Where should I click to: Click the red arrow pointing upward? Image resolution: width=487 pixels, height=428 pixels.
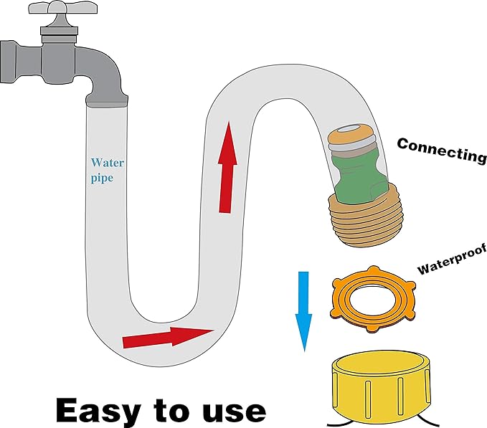pos(227,166)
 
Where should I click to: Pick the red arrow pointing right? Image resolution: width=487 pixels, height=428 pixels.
pos(168,336)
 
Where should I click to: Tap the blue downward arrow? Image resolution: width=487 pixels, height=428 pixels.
pos(304,310)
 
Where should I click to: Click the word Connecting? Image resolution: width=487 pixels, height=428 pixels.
pos(442,148)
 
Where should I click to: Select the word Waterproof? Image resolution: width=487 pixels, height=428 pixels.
pos(453,260)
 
